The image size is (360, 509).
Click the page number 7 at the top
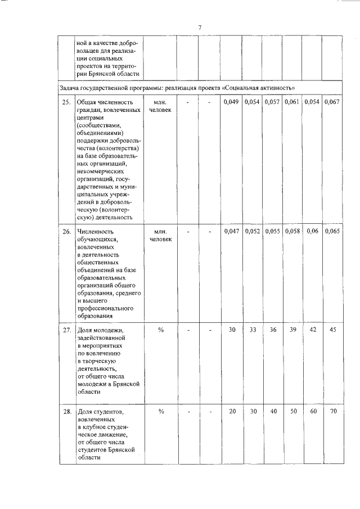pos(200,28)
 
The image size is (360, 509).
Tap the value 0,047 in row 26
pos(232,231)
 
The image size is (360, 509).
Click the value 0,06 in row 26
pos(312,231)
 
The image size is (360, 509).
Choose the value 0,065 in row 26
pos(332,231)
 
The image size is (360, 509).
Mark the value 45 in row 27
pos(332,329)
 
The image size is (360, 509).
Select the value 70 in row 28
pos(332,411)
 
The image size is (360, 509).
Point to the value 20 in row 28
pos(232,411)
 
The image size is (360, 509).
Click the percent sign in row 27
pos(160,330)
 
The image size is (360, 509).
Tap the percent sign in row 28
pos(160,412)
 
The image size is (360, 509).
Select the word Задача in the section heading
pos(70,88)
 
